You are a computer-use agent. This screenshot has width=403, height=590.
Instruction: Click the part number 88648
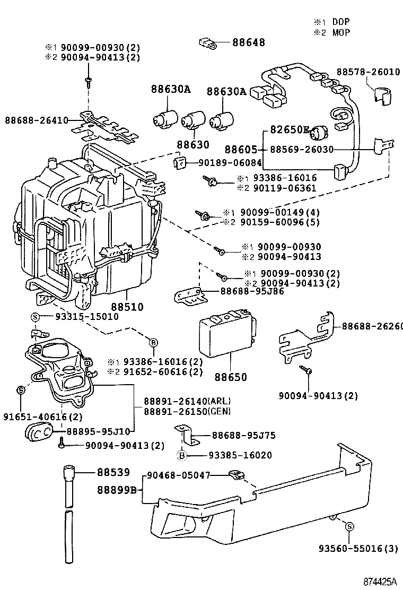coord(248,42)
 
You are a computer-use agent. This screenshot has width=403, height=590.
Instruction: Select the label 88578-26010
coord(368,72)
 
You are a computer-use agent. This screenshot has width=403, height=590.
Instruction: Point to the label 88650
coord(231,377)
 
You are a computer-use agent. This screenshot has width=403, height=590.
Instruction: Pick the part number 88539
coord(113,472)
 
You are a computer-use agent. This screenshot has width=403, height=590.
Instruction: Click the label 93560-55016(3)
coord(358,549)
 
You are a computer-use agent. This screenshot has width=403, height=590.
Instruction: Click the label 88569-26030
coord(302,150)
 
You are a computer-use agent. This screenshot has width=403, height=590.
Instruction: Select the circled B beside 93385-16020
coord(181,455)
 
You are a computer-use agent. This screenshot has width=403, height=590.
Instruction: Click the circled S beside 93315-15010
coord(36,317)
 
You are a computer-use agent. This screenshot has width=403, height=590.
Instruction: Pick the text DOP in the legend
coord(341,22)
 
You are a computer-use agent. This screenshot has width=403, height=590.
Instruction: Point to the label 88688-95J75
coord(244,436)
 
